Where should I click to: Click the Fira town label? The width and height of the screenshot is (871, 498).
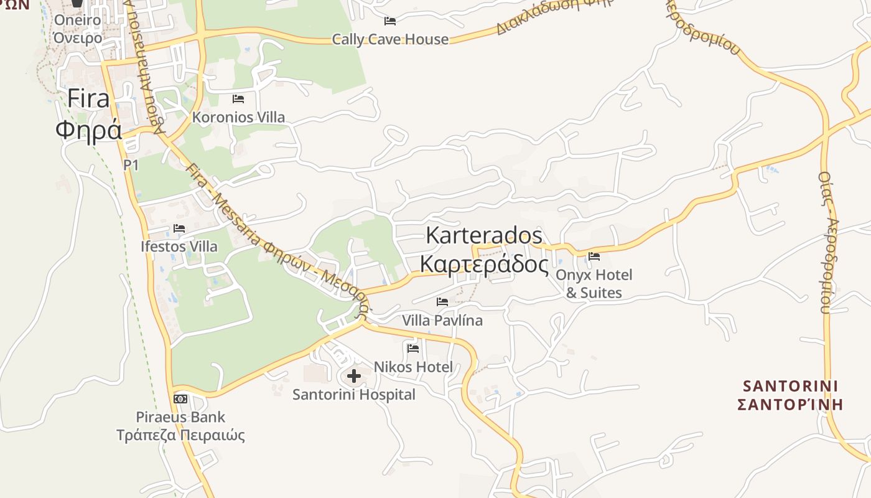88,98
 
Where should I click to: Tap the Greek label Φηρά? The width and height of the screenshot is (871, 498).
88,130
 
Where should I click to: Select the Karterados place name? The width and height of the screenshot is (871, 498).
483,235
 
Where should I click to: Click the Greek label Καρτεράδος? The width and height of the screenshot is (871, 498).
483,264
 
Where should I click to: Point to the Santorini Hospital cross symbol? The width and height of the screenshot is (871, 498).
354,376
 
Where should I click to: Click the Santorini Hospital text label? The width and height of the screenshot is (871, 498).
354,395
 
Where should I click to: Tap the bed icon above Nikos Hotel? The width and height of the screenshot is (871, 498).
413,348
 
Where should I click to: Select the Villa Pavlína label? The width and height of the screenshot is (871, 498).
442,321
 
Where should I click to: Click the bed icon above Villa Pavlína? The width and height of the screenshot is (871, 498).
442,302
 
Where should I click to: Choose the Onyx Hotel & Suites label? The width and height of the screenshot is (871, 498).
594,284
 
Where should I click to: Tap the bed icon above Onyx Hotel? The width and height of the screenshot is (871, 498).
594,256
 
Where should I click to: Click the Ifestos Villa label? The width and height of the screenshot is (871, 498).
179,247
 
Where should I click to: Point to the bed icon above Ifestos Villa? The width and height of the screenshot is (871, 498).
180,228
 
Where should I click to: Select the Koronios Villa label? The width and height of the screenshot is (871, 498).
238,117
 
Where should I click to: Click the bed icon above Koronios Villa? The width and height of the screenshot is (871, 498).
238,98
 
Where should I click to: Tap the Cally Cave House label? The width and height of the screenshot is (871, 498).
390,39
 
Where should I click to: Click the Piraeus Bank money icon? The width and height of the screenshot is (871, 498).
180,398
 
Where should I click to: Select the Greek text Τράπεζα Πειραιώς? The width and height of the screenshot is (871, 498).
180,435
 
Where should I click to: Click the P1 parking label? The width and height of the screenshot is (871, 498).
131,165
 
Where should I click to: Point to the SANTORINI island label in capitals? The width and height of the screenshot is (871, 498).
789,385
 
